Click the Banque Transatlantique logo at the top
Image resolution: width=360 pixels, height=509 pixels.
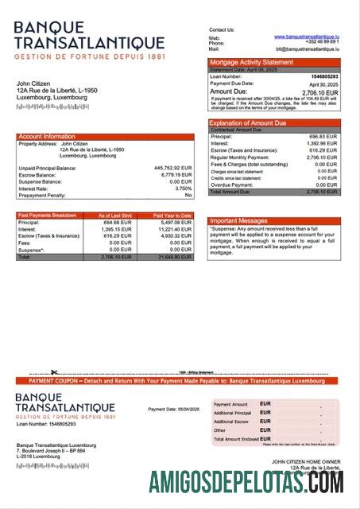click(x=88, y=40)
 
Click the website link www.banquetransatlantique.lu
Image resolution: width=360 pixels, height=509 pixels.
click(x=307, y=36)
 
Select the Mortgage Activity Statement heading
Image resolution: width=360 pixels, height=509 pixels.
click(x=251, y=62)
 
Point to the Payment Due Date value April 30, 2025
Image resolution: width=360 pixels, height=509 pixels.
click(x=323, y=84)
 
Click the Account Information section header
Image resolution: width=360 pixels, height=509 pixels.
click(x=47, y=137)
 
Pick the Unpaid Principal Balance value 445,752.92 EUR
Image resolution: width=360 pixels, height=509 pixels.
click(x=172, y=168)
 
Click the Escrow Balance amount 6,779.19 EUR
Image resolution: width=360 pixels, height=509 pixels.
click(x=176, y=175)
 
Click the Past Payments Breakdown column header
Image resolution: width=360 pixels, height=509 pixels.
click(x=47, y=215)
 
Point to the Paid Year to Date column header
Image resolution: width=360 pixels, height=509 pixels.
click(x=172, y=215)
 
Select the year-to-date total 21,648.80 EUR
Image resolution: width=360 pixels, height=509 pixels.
click(x=175, y=258)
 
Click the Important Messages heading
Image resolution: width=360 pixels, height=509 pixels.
click(x=238, y=221)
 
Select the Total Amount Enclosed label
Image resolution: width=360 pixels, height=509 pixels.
click(x=236, y=439)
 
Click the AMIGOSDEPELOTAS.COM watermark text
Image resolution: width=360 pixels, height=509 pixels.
click(x=246, y=483)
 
